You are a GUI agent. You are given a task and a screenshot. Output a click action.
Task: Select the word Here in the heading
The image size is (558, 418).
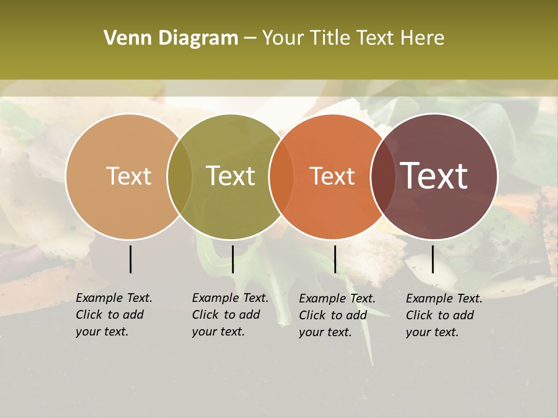[x=423, y=38]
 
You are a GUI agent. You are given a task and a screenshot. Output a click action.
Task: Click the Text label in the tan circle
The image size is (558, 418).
[x=128, y=176]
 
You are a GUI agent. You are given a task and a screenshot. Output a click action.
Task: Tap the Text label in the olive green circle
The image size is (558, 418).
[x=231, y=176]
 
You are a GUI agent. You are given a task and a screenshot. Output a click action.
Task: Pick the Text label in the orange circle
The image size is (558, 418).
[x=332, y=176]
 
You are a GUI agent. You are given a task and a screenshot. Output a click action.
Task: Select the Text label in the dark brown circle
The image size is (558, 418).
[x=434, y=176]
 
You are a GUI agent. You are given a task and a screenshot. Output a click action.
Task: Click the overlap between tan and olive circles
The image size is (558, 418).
[x=180, y=176]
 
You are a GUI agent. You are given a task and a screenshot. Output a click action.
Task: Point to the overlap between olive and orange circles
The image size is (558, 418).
[x=281, y=176]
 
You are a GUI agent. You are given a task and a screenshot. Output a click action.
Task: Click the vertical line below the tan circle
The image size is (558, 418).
[x=130, y=259]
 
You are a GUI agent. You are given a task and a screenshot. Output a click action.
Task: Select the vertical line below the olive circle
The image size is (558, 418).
[x=233, y=259]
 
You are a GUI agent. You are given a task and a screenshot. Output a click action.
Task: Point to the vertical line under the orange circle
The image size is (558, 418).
[x=335, y=259]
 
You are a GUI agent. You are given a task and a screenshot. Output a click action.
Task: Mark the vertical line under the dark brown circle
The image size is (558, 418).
[x=433, y=259]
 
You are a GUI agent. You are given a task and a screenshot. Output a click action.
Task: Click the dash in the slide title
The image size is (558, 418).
[x=250, y=39]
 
